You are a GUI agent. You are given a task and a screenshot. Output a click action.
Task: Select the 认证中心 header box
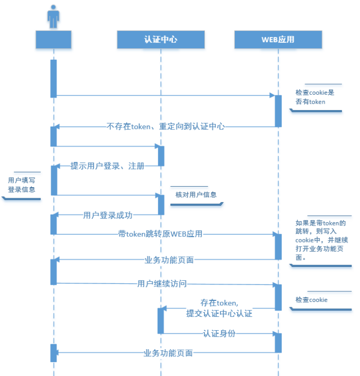(161, 39)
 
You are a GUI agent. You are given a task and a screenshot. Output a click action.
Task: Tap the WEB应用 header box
(278, 39)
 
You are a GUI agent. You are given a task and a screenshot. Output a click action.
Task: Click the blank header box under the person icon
(53, 39)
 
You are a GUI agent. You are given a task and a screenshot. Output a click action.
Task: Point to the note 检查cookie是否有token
(315, 97)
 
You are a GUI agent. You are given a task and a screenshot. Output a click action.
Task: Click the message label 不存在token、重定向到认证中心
(166, 126)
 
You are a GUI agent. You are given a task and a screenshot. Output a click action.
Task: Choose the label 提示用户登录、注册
(107, 166)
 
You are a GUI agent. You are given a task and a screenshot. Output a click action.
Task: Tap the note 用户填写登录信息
(21, 185)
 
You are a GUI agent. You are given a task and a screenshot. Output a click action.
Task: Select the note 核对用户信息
(196, 194)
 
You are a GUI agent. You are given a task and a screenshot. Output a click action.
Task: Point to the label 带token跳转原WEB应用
(160, 234)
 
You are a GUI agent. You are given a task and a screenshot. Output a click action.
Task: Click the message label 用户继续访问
(162, 284)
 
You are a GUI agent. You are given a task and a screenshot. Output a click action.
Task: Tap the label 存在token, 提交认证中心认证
(219, 308)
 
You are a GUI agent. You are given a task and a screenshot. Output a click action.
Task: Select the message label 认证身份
(219, 333)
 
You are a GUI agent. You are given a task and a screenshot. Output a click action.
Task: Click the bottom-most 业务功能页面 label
(168, 353)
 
